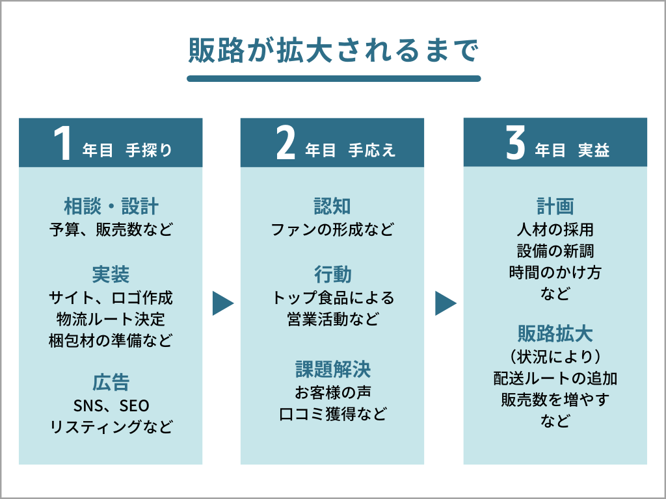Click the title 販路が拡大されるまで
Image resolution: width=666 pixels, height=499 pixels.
(x=334, y=51)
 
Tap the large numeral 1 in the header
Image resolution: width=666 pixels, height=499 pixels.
(x=63, y=144)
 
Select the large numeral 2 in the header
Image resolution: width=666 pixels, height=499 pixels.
(x=286, y=144)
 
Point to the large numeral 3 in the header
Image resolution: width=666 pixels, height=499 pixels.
(x=515, y=144)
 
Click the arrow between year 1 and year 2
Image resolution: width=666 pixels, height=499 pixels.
(x=222, y=303)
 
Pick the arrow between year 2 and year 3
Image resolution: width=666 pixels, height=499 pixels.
(x=445, y=303)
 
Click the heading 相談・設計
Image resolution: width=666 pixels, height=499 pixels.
(x=111, y=207)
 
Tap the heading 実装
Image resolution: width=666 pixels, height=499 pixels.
(x=111, y=275)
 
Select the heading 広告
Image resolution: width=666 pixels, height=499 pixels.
(x=111, y=382)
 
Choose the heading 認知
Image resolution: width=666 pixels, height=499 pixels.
(x=332, y=207)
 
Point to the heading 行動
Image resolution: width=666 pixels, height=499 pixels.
(x=332, y=275)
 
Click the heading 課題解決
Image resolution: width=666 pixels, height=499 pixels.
(x=333, y=369)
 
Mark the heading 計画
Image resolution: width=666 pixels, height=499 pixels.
(x=555, y=207)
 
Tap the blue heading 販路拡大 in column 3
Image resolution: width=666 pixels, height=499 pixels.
(x=555, y=333)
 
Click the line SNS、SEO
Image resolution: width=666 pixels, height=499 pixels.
(x=111, y=405)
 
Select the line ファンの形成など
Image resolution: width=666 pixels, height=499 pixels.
(x=332, y=229)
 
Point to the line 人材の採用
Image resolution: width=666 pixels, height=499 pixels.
(x=555, y=229)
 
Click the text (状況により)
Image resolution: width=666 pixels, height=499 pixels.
(x=555, y=357)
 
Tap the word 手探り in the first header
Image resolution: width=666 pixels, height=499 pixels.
(x=149, y=150)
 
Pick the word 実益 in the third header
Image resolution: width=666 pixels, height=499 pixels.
(x=594, y=150)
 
